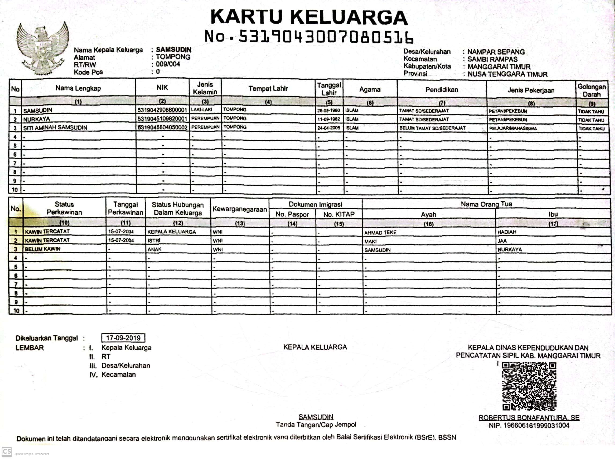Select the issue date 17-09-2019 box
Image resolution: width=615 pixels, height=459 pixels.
click(x=123, y=338)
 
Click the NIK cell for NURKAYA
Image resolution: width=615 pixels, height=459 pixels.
click(x=162, y=119)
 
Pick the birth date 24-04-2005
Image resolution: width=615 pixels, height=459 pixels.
click(x=329, y=128)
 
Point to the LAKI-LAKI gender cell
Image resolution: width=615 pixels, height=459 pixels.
click(x=202, y=110)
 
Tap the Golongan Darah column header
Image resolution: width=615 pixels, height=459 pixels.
click(x=592, y=90)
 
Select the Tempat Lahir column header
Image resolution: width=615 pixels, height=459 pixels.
click(x=268, y=89)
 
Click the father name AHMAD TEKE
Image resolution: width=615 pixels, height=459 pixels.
click(x=380, y=233)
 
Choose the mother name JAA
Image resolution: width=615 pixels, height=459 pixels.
click(x=502, y=241)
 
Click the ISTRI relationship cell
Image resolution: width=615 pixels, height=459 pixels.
click(x=154, y=241)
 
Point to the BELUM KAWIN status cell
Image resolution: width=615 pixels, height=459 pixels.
click(x=42, y=249)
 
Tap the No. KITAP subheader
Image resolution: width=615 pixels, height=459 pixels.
click(x=339, y=214)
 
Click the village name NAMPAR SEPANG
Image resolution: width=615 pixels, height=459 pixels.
click(x=496, y=52)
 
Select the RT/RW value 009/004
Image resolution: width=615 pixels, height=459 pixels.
click(x=168, y=64)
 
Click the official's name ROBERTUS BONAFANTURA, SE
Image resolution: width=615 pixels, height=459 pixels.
click(x=529, y=418)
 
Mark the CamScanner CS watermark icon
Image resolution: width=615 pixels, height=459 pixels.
click(x=7, y=451)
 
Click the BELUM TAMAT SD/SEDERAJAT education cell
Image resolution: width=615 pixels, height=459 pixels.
click(x=432, y=128)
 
